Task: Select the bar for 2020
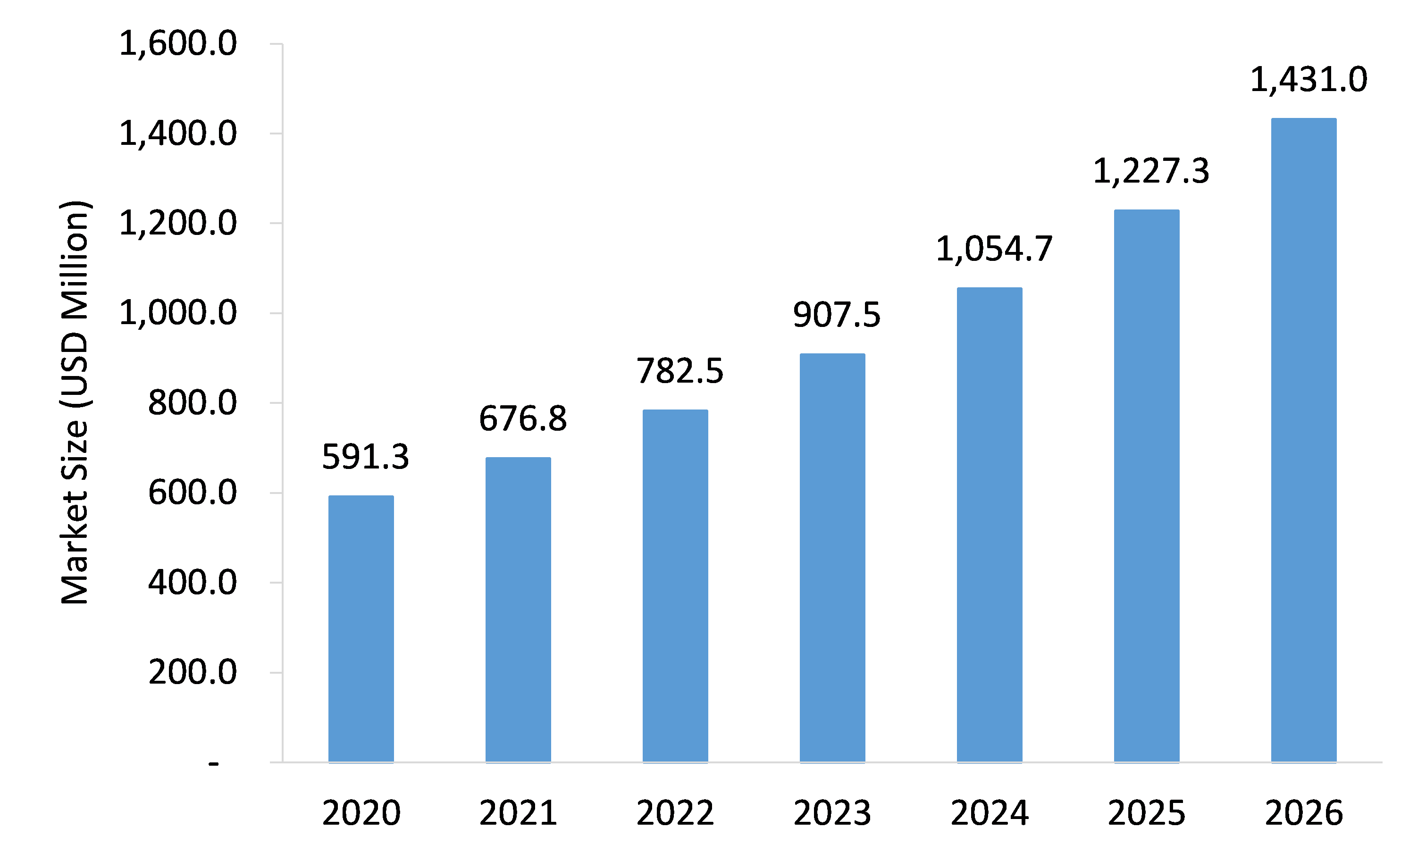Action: pyautogui.click(x=361, y=629)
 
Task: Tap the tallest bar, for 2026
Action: pyautogui.click(x=1304, y=440)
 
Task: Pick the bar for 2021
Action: pyautogui.click(x=518, y=610)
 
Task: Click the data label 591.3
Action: pyautogui.click(x=365, y=457)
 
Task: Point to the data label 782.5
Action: pyautogui.click(x=679, y=371)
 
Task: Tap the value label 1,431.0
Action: pyautogui.click(x=1309, y=80)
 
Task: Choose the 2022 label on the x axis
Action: pyautogui.click(x=675, y=813)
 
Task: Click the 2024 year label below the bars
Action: pyautogui.click(x=990, y=813)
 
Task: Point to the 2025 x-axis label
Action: pyautogui.click(x=1147, y=813)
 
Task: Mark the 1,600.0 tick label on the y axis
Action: pyautogui.click(x=178, y=44)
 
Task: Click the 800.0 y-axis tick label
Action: pyautogui.click(x=192, y=403)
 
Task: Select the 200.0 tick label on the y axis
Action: pyautogui.click(x=192, y=672)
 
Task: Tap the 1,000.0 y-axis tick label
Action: pyautogui.click(x=178, y=314)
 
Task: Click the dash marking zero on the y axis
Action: pyautogui.click(x=214, y=764)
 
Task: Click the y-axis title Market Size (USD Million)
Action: pyautogui.click(x=75, y=402)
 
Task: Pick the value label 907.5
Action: pyautogui.click(x=836, y=315)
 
